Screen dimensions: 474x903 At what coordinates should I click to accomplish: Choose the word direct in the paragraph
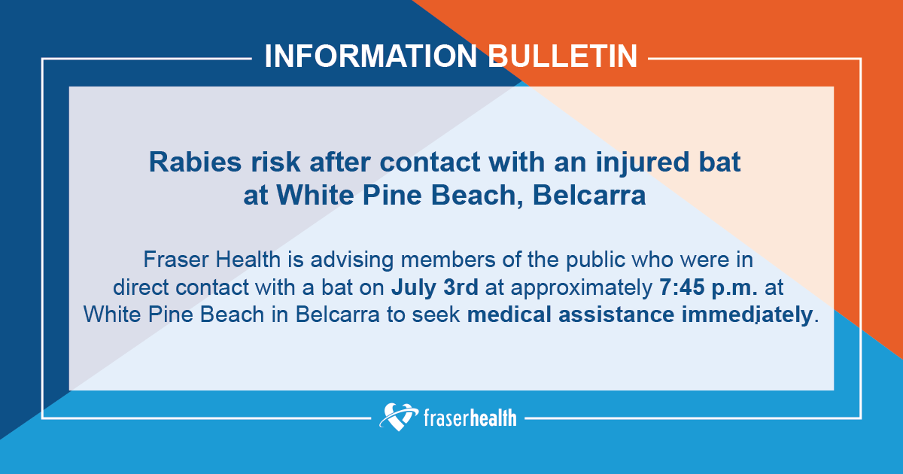pos(138,287)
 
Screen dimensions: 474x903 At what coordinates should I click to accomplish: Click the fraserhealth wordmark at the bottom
pos(470,417)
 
